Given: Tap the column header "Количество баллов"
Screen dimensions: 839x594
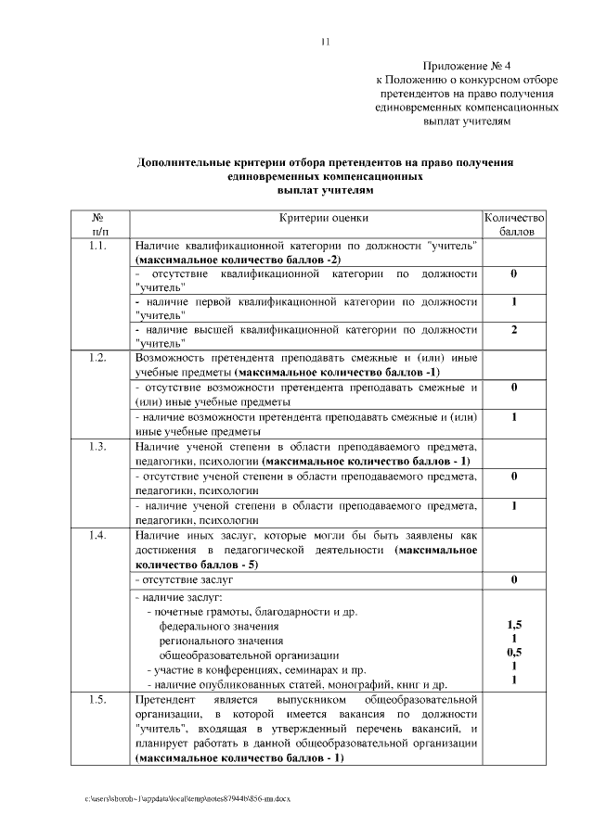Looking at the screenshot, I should pyautogui.click(x=513, y=224).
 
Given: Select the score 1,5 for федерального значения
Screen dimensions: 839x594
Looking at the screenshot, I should pyautogui.click(x=513, y=625).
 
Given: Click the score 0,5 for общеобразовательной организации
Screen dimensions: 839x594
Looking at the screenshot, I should pyautogui.click(x=513, y=652).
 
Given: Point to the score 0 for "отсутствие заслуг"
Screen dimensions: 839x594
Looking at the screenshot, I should pyautogui.click(x=513, y=579).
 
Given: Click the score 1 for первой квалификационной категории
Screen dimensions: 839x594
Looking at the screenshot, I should pyautogui.click(x=513, y=302).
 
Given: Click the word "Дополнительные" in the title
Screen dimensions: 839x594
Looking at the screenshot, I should pyautogui.click(x=182, y=162).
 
